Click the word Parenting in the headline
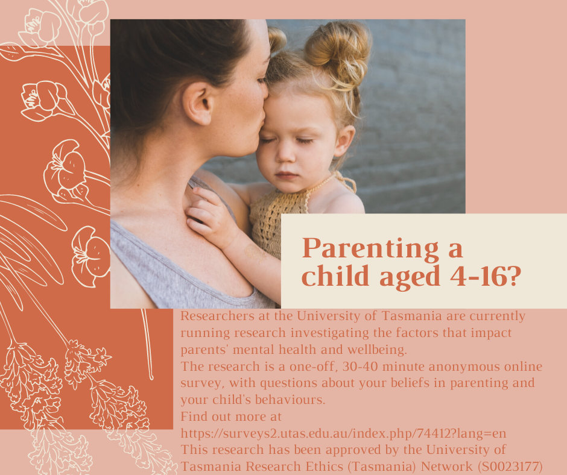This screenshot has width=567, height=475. coord(370,250)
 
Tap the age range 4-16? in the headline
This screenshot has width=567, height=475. coord(486,277)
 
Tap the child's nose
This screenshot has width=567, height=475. coord(286,153)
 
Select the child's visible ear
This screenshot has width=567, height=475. coord(344,141)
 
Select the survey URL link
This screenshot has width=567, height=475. coord(343,433)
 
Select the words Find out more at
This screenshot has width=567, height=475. coord(230,417)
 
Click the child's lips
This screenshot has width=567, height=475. coord(287,175)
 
